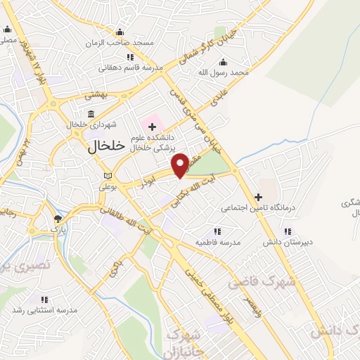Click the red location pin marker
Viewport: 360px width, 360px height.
coord(181,165)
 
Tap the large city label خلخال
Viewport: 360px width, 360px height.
coord(106,146)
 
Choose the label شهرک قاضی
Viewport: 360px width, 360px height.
coord(252,282)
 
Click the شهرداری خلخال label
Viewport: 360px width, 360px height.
coord(91,124)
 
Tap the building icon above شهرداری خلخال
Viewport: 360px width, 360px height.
coord(91,114)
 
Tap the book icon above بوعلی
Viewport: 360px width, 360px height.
coord(107,176)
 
